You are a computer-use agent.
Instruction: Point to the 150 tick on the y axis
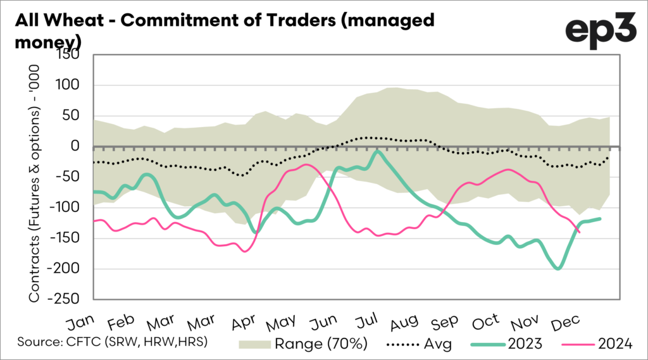click(72, 55)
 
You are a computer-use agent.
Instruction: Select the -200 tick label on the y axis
click(67, 269)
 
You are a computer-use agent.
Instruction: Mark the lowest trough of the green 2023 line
click(558, 268)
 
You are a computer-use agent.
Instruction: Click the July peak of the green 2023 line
click(378, 151)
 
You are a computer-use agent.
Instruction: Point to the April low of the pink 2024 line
click(245, 251)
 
